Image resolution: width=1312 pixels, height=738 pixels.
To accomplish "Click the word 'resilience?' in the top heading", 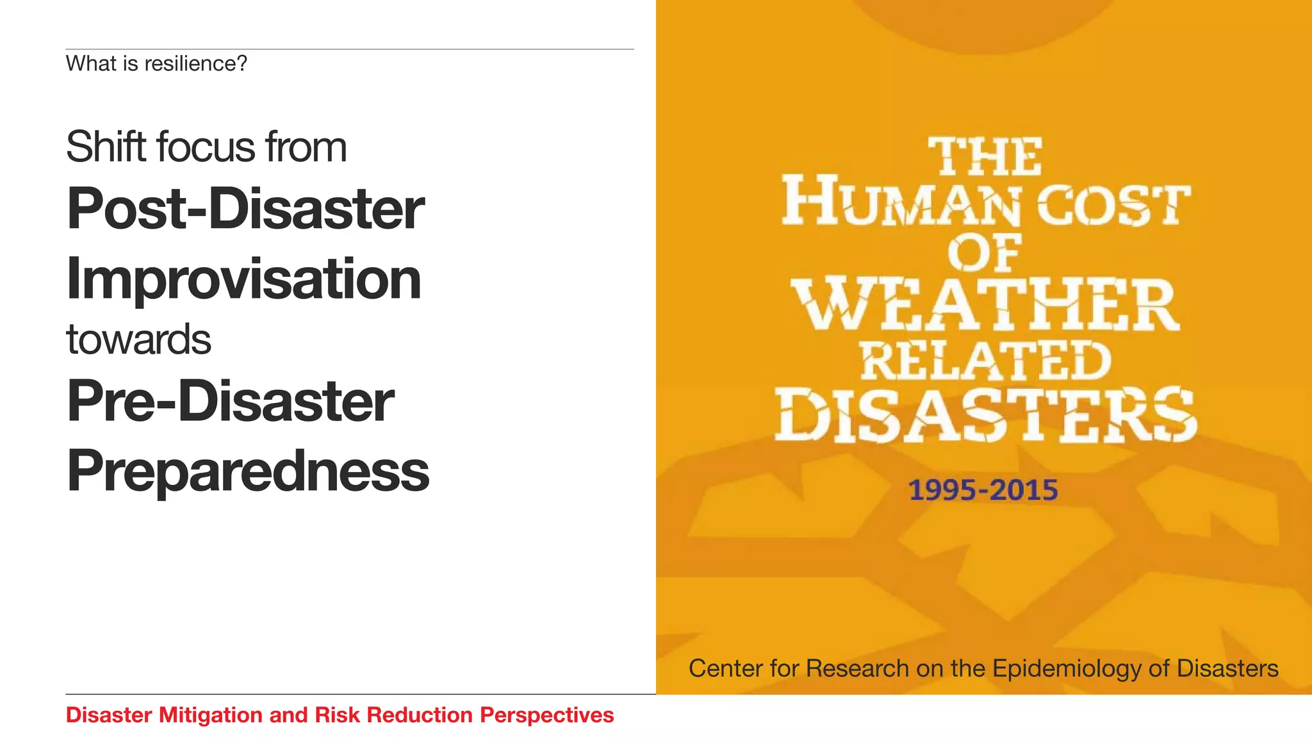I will click(195, 64).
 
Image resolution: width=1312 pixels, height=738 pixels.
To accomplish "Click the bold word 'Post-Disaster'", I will click(245, 209).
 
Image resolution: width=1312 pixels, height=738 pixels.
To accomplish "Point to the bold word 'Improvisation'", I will click(243, 279).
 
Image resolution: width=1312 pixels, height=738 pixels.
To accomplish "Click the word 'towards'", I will click(138, 340).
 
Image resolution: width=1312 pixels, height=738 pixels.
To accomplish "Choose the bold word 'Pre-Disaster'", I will click(231, 401).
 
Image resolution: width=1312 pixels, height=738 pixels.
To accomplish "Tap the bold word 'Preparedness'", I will click(248, 471).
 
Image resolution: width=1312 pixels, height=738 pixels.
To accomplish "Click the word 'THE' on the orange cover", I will click(985, 157).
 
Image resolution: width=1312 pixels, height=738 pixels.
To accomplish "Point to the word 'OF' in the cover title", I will click(985, 254).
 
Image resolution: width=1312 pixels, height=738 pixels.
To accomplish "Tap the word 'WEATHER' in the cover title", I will click(985, 305).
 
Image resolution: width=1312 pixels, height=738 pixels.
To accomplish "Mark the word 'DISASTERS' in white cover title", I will click(985, 415).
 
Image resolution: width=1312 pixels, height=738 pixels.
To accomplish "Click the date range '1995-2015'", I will click(983, 490).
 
